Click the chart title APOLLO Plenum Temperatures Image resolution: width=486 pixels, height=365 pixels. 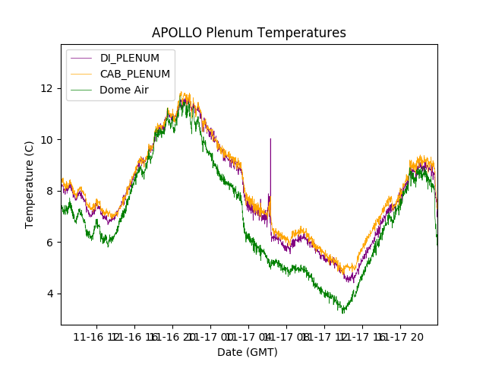(x=248, y=33)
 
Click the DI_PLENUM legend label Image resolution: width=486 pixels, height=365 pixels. (x=130, y=58)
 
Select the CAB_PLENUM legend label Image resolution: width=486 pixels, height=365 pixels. (x=135, y=74)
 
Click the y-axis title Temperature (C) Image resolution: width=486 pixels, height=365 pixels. (x=30, y=184)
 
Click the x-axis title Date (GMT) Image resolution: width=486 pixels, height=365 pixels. (x=248, y=352)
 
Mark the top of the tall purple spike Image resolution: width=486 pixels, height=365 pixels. (x=270, y=138)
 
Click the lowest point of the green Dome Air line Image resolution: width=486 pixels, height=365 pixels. (x=343, y=313)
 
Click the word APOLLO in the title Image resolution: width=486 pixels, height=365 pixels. (x=175, y=33)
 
